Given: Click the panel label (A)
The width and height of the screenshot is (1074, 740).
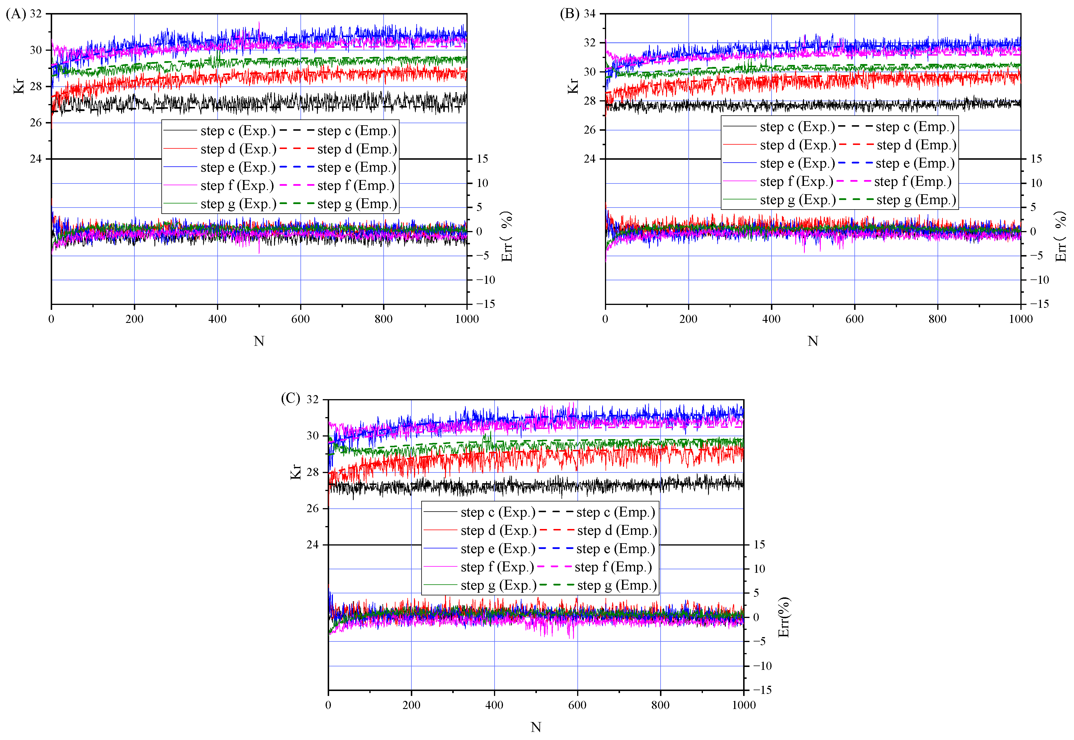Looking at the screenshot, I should coord(16,14).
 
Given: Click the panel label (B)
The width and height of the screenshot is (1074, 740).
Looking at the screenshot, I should coord(569,14).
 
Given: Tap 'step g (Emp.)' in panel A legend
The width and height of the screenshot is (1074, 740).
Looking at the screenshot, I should coord(357,204).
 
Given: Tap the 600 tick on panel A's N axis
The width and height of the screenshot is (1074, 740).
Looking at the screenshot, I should coord(300,319).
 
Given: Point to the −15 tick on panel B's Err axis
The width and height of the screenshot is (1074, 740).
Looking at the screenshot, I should coord(1039,304).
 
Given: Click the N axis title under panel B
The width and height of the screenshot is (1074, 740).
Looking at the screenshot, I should coord(813,341).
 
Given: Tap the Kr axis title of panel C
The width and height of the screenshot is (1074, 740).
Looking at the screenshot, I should coord(296,472).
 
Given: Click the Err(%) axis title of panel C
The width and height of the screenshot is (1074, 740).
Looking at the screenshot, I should coord(783,617).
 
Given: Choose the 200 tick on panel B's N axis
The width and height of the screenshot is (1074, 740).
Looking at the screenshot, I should coord(688,319).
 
